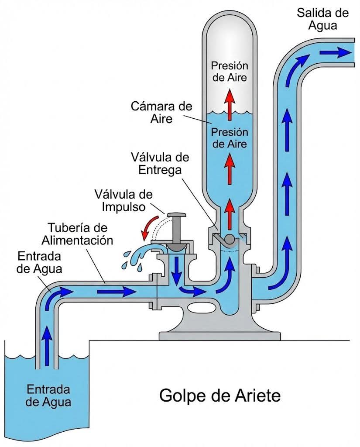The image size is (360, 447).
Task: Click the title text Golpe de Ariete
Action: [x=219, y=396]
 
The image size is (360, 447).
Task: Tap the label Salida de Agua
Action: [x=322, y=19]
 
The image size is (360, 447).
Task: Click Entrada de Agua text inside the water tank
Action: [x=48, y=395]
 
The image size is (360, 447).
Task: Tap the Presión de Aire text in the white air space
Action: [x=229, y=72]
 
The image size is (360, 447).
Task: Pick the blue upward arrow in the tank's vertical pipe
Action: [x=46, y=340]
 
